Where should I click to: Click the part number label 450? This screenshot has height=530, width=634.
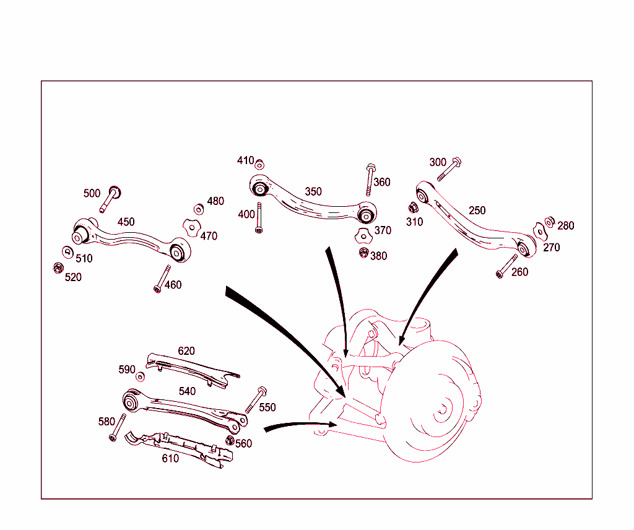click(x=126, y=222)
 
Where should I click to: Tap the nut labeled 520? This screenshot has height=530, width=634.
click(x=57, y=268)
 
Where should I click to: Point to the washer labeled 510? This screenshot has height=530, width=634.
click(x=67, y=251)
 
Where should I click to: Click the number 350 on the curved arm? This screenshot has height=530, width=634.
click(x=313, y=191)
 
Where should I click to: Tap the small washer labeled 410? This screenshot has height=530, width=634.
click(x=260, y=164)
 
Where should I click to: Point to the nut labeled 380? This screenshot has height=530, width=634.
click(x=364, y=253)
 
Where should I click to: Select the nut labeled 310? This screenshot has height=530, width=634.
click(x=412, y=208)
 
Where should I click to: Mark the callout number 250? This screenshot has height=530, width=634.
click(x=477, y=211)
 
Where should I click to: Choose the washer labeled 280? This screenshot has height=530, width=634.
click(x=549, y=222)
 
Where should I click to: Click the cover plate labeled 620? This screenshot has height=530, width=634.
click(x=192, y=370)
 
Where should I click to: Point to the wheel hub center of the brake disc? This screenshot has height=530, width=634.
click(x=443, y=409)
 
